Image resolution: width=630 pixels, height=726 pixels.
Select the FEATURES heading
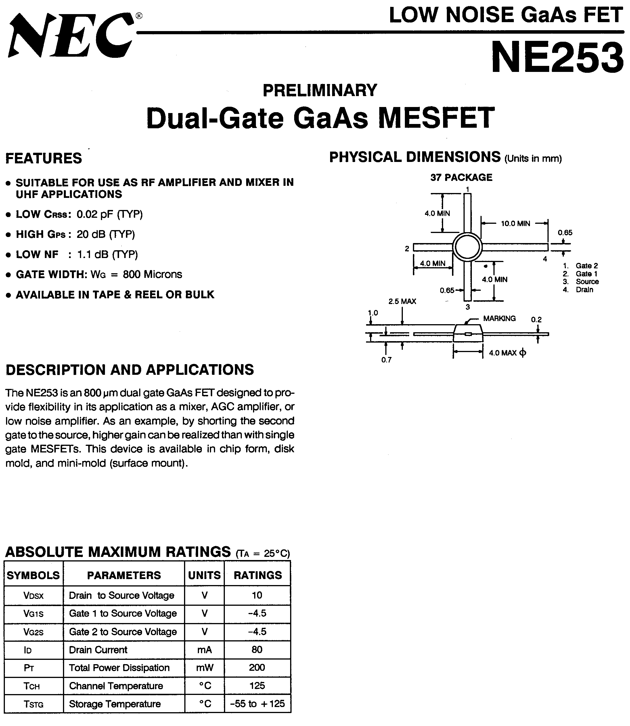tap(44, 158)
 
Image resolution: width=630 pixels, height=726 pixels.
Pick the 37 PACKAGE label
tap(461, 177)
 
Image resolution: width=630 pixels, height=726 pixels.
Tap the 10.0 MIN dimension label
tap(515, 223)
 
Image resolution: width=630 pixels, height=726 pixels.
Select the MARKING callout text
tap(499, 318)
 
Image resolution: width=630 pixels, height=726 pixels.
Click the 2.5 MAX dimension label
tap(402, 301)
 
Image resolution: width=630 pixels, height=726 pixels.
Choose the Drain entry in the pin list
tap(584, 289)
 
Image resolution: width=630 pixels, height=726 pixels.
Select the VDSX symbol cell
tap(33, 595)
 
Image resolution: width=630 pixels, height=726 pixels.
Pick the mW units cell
tap(205, 668)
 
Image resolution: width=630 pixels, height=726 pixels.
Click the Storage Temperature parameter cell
tap(115, 704)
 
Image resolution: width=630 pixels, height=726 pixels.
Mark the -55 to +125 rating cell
tap(257, 704)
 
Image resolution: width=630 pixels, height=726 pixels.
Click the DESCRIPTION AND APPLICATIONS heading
tap(130, 370)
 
